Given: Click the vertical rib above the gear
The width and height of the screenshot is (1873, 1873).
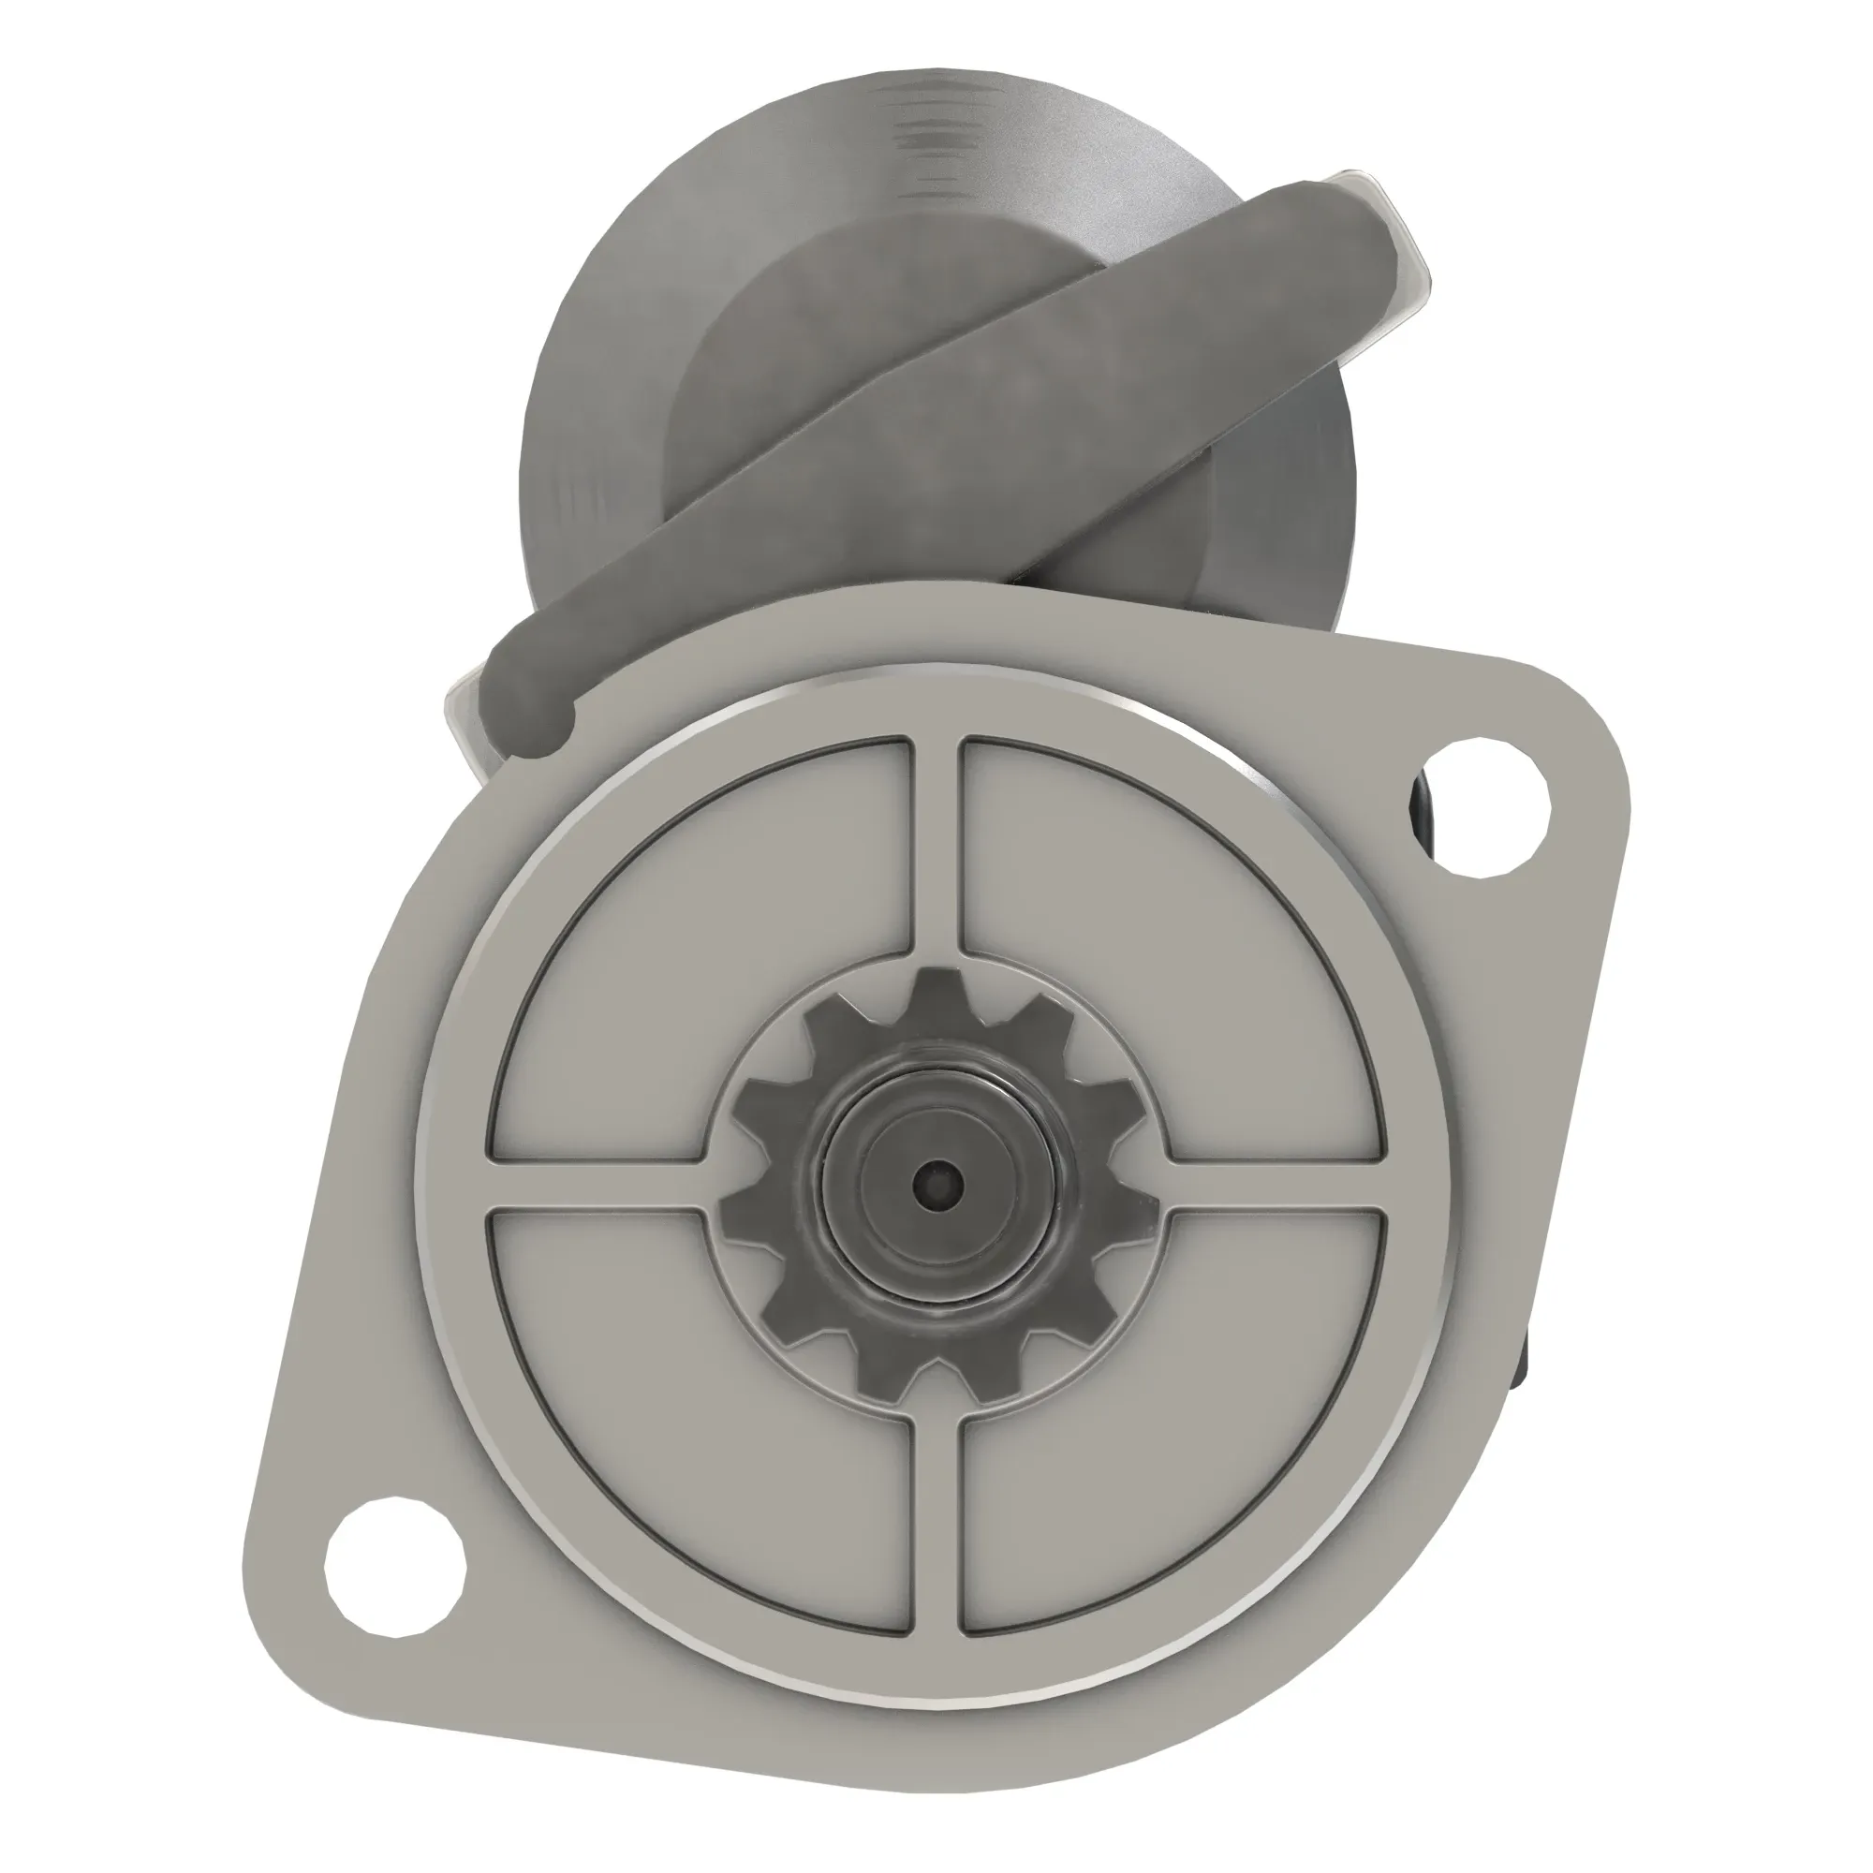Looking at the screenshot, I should tap(936, 844).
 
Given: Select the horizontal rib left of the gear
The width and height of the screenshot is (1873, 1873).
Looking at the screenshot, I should tap(597, 1183).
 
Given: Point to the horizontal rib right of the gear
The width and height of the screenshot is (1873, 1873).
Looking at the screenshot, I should tap(1275, 1183).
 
